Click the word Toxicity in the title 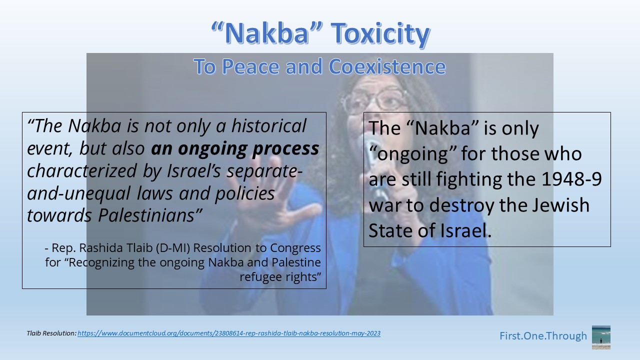(380, 33)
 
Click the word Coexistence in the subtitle (387, 66)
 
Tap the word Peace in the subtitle (250, 66)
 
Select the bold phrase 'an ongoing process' (235, 149)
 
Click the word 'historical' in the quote (269, 125)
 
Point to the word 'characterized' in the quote (81, 171)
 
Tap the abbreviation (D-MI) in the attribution (173, 248)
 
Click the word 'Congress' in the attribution (295, 248)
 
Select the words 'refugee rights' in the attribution (280, 277)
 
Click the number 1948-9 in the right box (571, 179)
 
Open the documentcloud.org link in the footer (229, 333)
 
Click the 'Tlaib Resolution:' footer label (51, 333)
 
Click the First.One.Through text (543, 336)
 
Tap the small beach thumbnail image (601, 337)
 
